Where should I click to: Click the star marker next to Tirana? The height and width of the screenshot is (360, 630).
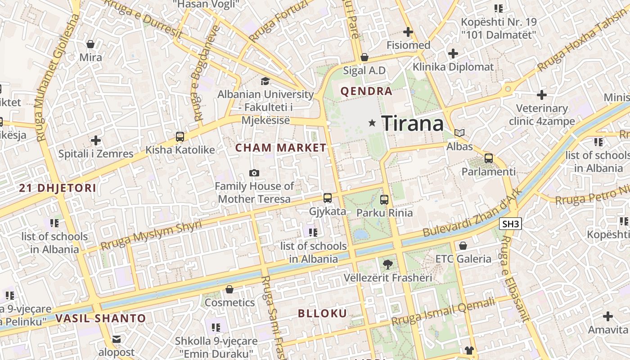(372, 122)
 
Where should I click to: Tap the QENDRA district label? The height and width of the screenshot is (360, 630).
(366, 91)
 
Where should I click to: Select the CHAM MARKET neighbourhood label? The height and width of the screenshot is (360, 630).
(281, 148)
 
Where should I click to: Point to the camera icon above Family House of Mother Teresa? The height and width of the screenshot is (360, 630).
(254, 173)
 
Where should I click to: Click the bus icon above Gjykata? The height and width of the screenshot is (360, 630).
(327, 198)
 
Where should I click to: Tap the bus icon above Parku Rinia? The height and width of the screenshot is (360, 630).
(384, 199)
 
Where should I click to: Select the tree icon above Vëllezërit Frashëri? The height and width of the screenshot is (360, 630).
(387, 265)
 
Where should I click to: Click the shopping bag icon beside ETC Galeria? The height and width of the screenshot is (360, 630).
(463, 246)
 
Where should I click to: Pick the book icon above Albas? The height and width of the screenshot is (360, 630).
(459, 133)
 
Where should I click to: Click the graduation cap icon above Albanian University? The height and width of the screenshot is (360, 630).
(265, 81)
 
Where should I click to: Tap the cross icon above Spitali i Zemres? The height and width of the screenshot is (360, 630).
(96, 140)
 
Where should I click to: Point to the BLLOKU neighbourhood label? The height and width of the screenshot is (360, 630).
(322, 314)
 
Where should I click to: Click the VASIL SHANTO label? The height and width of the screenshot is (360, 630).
(101, 319)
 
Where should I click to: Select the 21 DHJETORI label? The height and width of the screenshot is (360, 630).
(58, 188)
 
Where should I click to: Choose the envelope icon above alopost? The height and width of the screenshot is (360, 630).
(117, 339)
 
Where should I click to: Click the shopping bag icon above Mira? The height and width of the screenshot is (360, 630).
(90, 44)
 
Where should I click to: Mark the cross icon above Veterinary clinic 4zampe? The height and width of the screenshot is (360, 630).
(542, 95)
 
